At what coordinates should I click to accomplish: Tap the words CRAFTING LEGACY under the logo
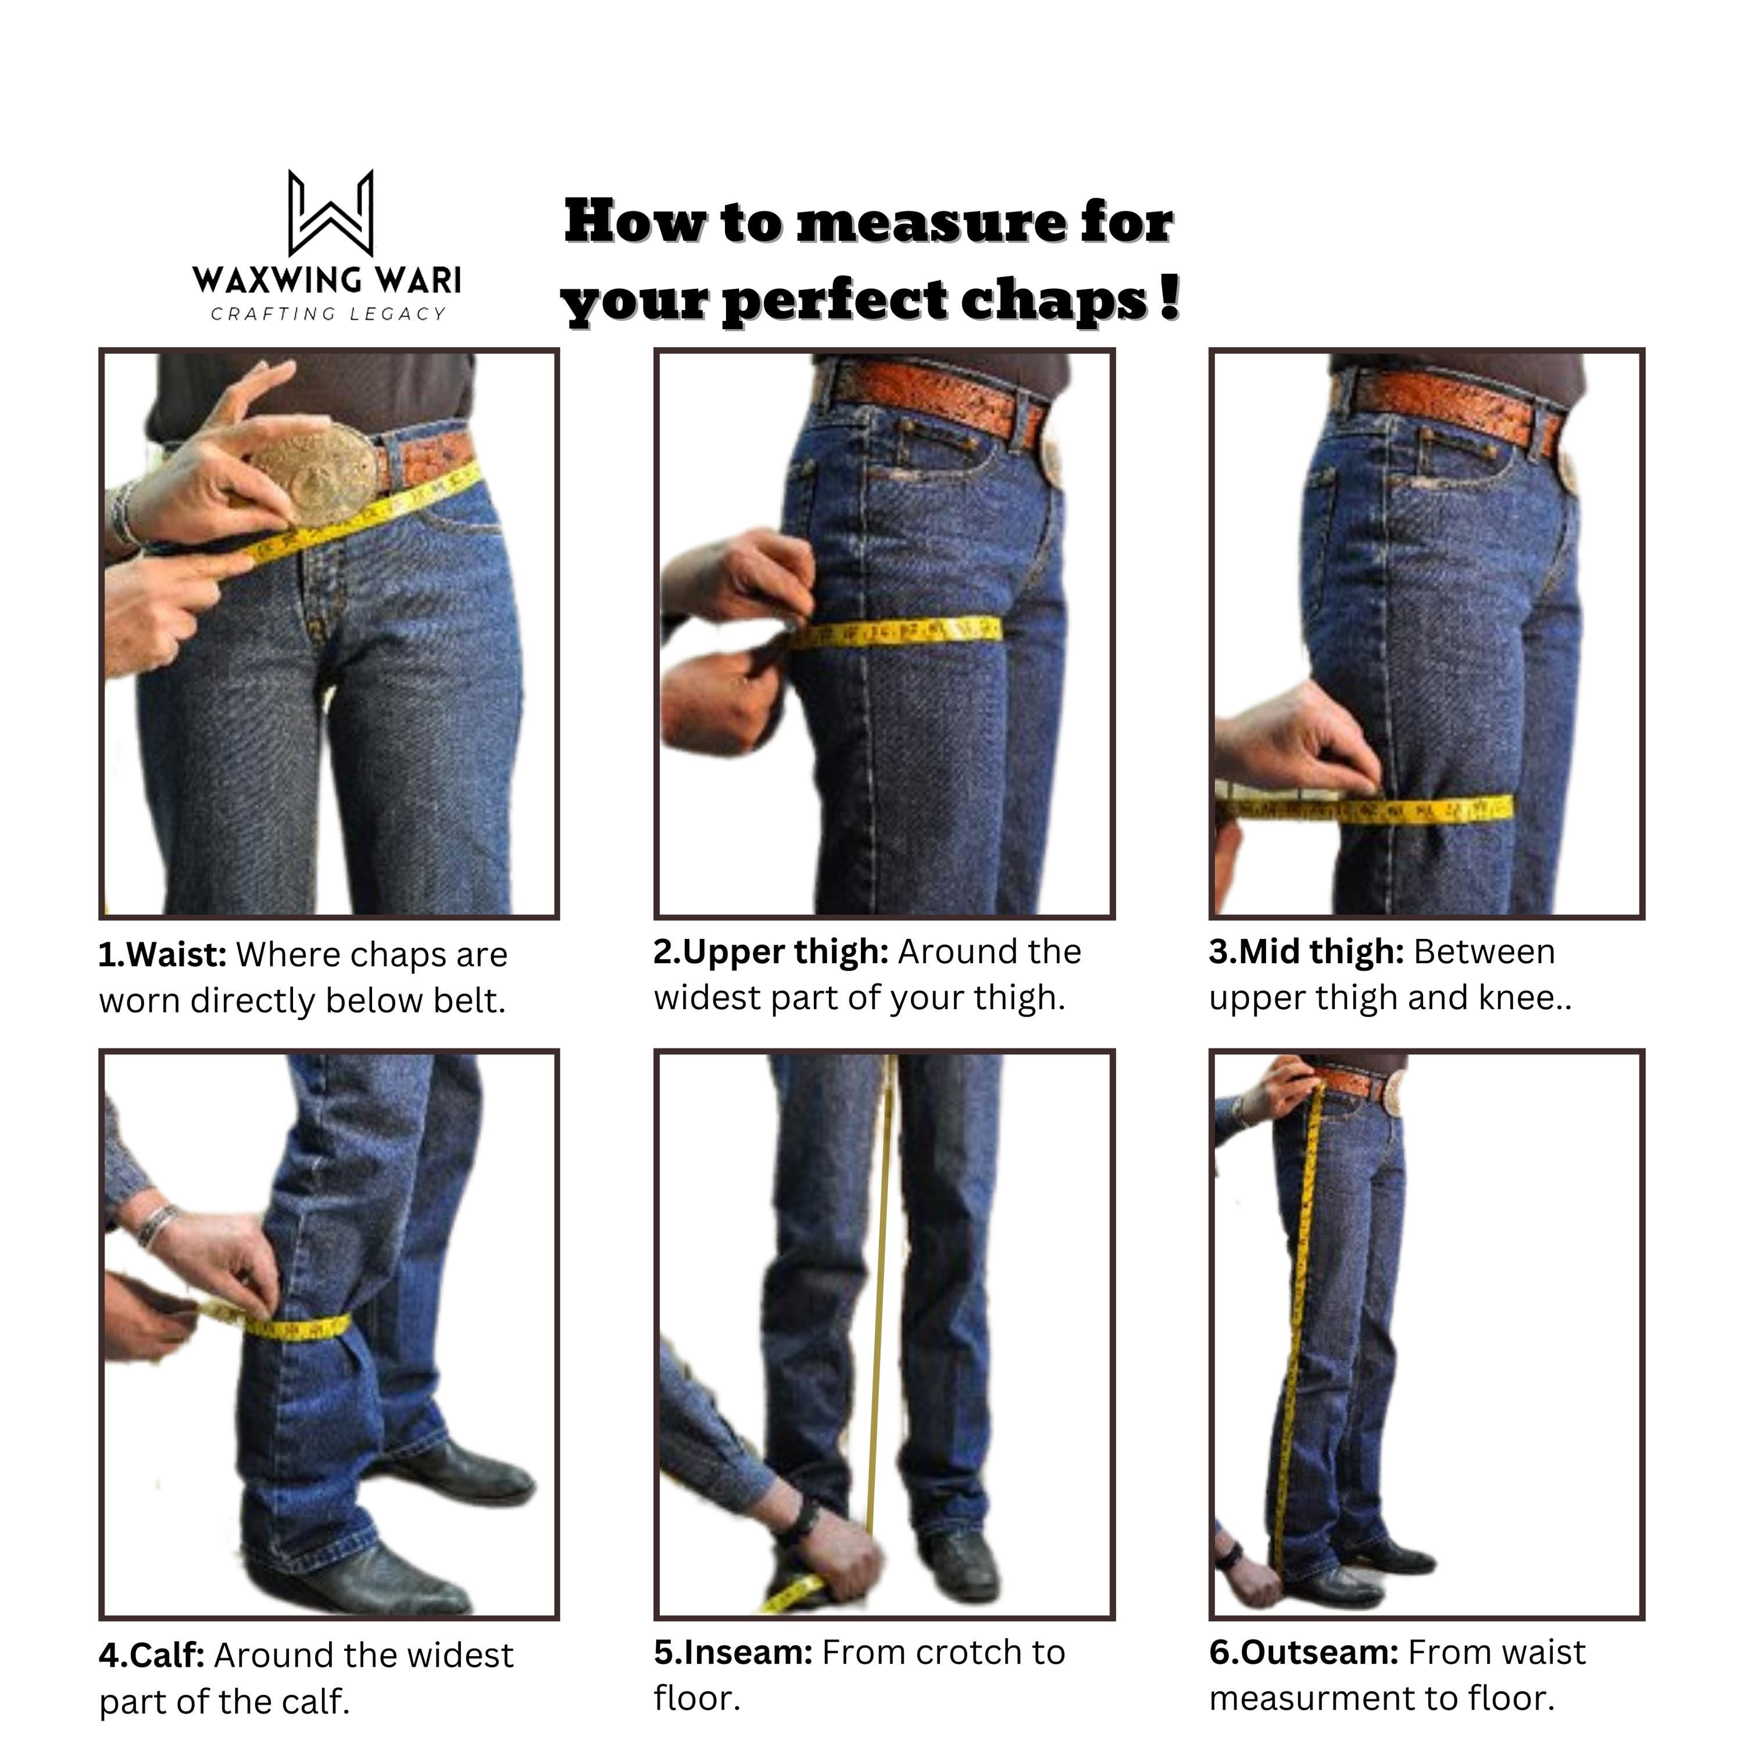(x=328, y=314)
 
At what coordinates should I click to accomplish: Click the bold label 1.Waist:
(x=163, y=955)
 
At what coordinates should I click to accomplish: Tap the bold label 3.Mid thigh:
(x=1306, y=952)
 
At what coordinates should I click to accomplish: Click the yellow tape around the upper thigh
(x=894, y=632)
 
